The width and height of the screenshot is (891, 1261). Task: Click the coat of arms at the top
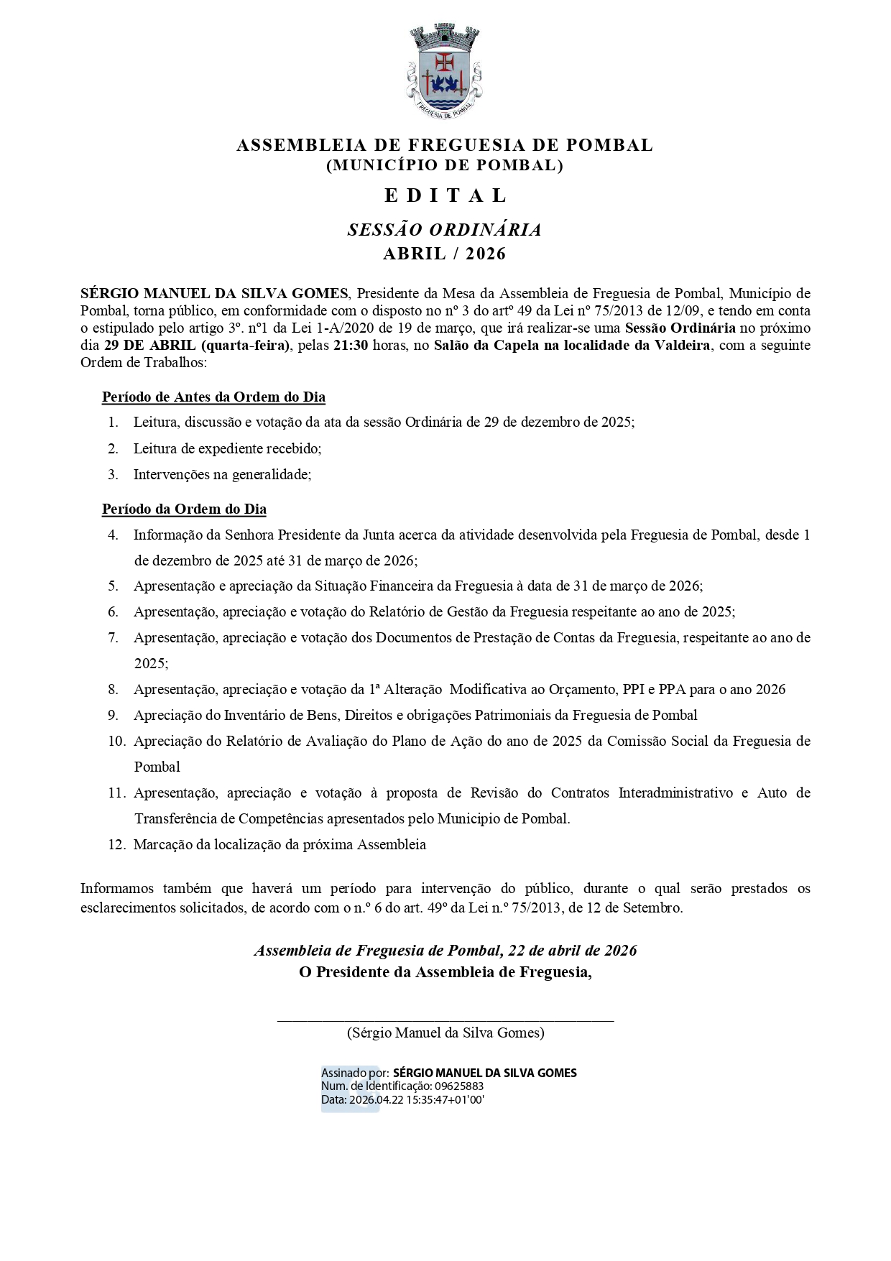445,70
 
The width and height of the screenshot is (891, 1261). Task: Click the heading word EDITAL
445,195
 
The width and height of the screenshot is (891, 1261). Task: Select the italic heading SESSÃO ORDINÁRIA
445,230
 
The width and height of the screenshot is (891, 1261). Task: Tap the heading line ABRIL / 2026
445,254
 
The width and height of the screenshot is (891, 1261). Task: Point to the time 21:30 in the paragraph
351,345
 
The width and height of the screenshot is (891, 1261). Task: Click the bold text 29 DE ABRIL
150,345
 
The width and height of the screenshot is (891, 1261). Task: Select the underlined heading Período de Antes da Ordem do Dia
213,397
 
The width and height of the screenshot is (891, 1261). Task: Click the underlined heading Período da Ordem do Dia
184,509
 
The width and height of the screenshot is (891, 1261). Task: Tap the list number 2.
113,448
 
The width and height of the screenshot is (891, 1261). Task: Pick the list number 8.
113,690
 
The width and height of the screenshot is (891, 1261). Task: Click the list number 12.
116,845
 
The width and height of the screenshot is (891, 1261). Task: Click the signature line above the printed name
445,1019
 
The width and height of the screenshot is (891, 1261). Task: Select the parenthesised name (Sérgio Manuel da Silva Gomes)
445,1033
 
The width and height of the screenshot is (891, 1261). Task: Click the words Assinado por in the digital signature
355,1073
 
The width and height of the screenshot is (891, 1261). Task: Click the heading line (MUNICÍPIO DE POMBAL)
445,165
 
